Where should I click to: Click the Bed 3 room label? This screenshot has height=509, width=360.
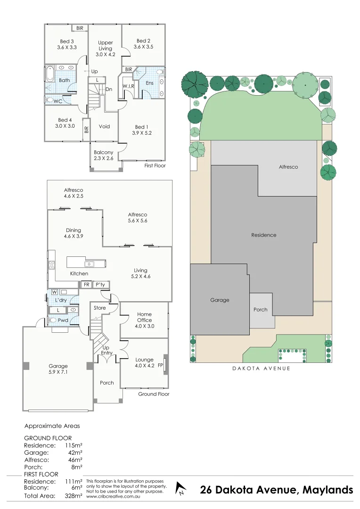(66, 44)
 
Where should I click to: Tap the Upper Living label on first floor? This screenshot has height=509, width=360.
(105, 49)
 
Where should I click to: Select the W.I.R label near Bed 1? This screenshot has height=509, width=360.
(129, 86)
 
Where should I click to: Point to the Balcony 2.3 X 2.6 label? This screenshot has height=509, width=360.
(103, 156)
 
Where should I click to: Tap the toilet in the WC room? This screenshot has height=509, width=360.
(50, 100)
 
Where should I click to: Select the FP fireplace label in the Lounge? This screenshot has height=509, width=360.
(160, 365)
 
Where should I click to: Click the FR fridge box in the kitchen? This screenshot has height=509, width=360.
(86, 285)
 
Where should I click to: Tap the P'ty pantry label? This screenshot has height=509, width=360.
(100, 285)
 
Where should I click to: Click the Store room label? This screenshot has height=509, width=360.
(100, 308)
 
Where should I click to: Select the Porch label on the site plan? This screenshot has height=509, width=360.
(260, 310)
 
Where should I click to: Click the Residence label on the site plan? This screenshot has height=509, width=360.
(263, 235)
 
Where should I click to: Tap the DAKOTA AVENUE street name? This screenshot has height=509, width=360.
(261, 369)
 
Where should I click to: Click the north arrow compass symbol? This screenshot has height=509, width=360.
(180, 489)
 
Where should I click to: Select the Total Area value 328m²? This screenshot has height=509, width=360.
(74, 496)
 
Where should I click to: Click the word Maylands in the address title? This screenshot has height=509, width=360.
(327, 490)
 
